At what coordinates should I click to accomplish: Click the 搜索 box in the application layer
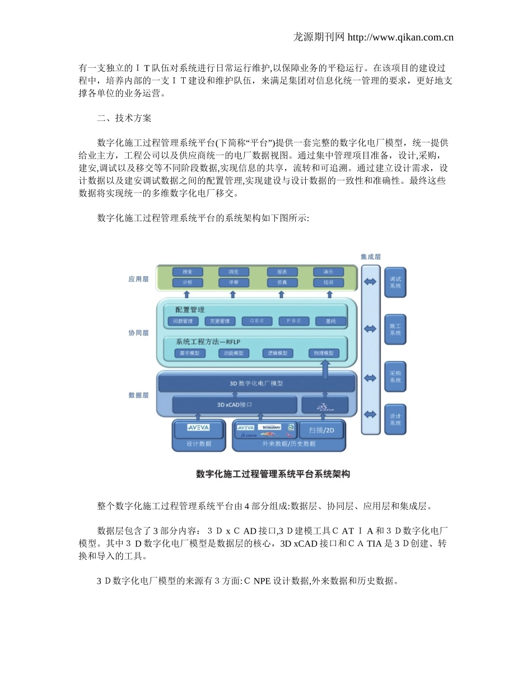coord(187,272)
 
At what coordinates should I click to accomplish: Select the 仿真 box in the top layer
coord(282,283)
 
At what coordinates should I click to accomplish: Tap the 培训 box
coord(328,283)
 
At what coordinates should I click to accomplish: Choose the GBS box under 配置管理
coord(257,322)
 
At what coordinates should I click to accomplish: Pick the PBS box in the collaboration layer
coord(294,322)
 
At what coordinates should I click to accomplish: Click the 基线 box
coord(330,322)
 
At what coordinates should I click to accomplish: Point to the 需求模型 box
coord(190,353)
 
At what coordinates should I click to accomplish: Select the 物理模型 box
coord(324,353)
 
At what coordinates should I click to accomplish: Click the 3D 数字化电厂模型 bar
coord(256,384)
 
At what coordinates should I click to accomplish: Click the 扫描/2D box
coord(321,430)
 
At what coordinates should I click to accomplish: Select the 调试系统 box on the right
coord(395,282)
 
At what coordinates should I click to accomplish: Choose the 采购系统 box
coord(395,377)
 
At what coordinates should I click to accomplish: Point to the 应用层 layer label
coord(138,279)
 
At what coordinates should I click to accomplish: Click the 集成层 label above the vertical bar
coord(370,257)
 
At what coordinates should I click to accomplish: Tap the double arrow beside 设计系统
coord(371,415)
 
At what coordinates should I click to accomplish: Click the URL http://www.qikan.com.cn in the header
coord(400,38)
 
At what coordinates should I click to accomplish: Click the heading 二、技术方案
coord(124,118)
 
